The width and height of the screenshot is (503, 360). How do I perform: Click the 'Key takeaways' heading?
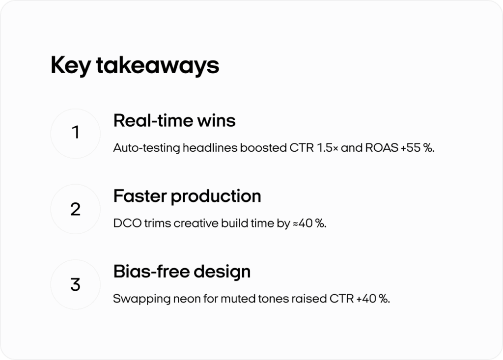pos(135,65)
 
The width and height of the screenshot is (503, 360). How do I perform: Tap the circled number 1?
pos(75,134)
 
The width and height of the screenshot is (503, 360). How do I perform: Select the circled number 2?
pos(75,209)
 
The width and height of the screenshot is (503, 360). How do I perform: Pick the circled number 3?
pos(75,284)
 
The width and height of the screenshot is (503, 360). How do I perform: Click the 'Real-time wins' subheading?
pos(174,121)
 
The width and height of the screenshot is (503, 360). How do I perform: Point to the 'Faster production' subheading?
pos(187,196)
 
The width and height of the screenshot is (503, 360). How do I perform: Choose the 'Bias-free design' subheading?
pos(182,272)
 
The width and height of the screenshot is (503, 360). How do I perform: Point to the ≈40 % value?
pos(309,223)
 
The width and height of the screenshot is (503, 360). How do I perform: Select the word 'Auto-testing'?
pos(146,148)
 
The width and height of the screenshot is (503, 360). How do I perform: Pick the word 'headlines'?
pos(210,148)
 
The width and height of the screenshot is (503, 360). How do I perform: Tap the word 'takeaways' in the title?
pos(158,65)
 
